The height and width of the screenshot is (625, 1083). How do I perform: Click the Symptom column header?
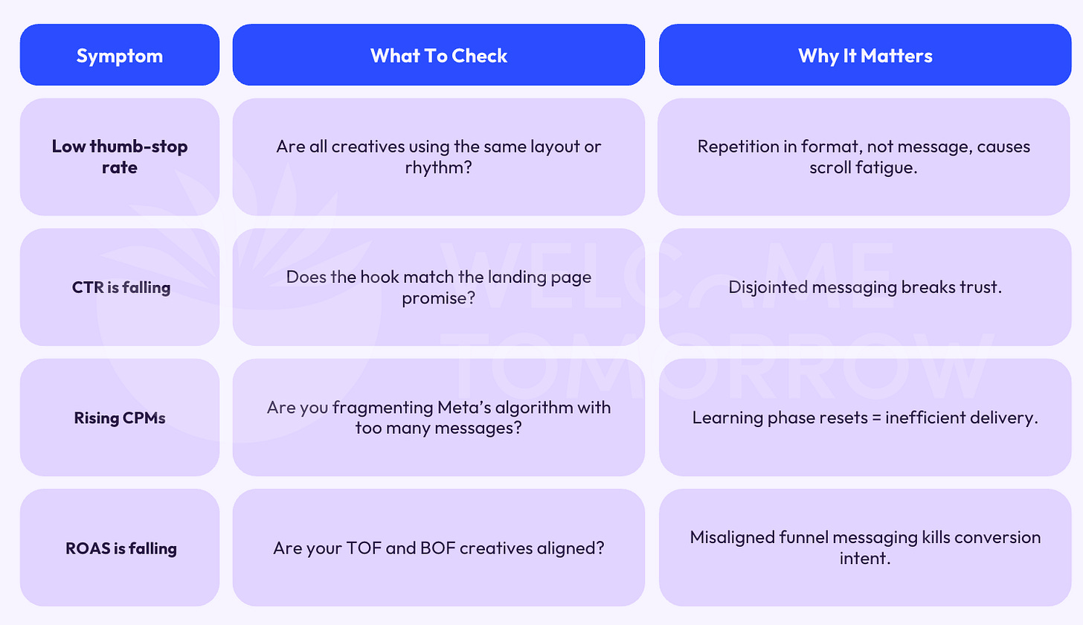click(x=119, y=56)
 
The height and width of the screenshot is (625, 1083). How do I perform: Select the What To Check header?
click(x=439, y=56)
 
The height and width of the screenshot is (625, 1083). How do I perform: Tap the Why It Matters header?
click(x=865, y=56)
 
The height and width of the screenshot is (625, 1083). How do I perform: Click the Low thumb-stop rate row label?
click(x=120, y=156)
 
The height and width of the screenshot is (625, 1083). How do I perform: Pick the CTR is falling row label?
click(x=121, y=287)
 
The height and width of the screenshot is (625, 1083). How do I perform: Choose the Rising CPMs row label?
click(x=120, y=417)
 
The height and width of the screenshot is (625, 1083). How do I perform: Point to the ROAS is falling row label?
click(x=121, y=548)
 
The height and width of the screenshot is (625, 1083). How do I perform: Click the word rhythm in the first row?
click(x=434, y=167)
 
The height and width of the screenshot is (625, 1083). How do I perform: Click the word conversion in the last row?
click(x=968, y=537)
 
